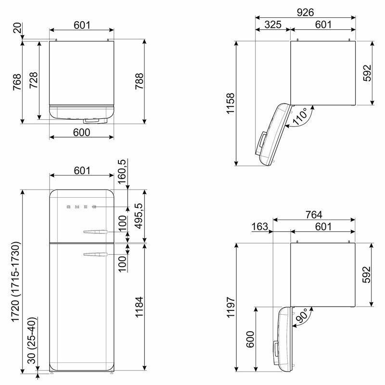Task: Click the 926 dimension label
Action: (x=305, y=13)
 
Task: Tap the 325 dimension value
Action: (x=273, y=25)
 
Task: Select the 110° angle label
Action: (x=300, y=116)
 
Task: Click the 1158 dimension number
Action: (x=231, y=103)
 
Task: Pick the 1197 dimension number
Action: (x=231, y=307)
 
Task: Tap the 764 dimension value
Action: (x=314, y=215)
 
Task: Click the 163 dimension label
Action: (x=260, y=226)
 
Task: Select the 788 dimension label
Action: (x=139, y=81)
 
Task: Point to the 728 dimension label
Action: (x=33, y=80)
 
